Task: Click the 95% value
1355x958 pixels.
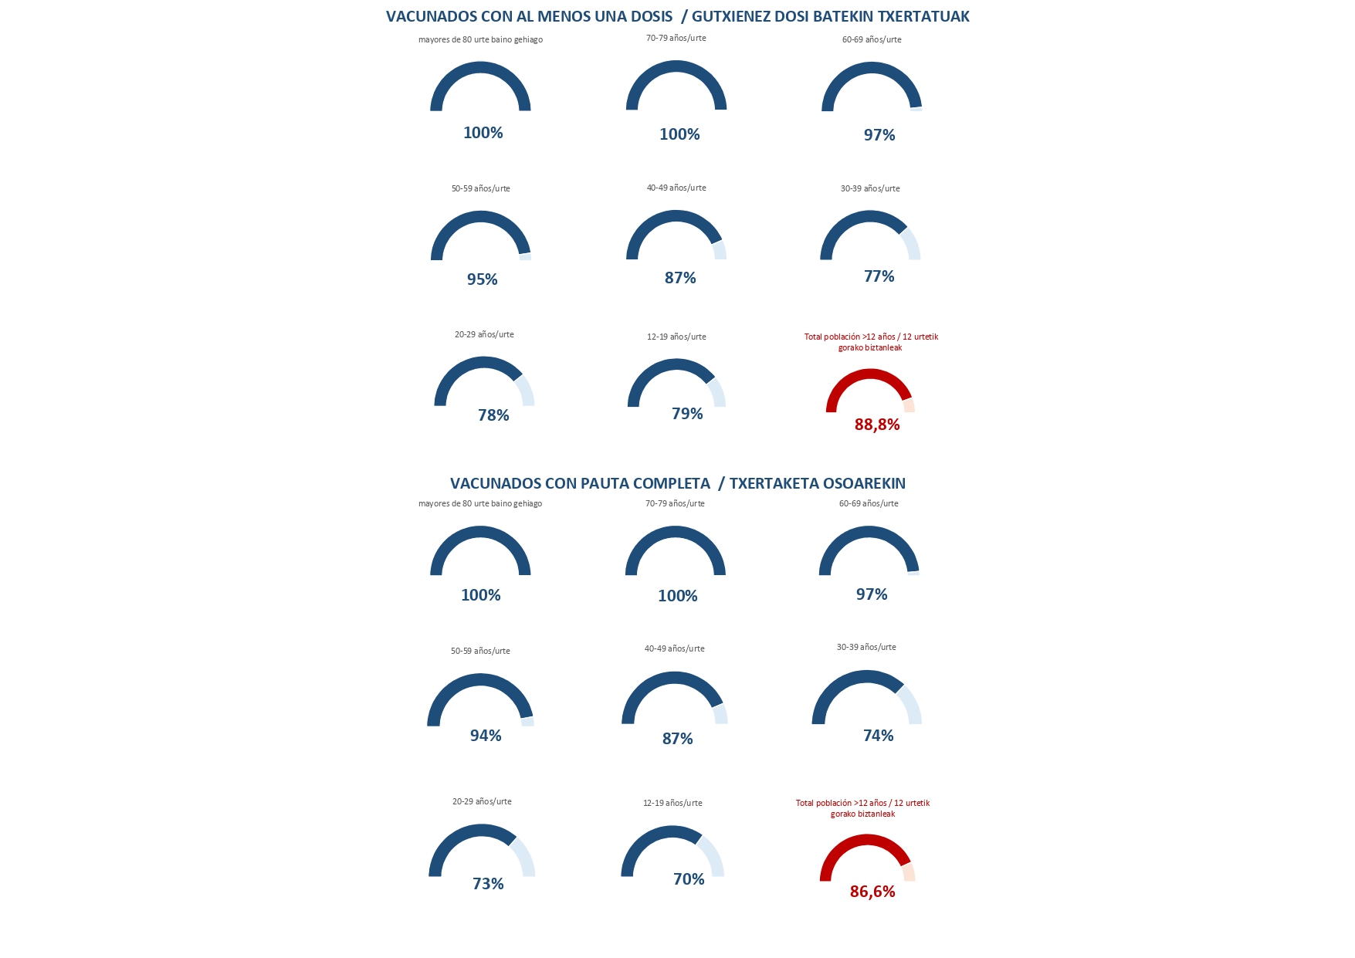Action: [482, 279]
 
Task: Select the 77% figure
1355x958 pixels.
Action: [879, 276]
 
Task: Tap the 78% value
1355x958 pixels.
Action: [493, 415]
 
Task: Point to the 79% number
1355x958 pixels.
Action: [687, 414]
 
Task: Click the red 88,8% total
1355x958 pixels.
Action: [877, 425]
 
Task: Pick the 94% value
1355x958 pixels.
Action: [486, 736]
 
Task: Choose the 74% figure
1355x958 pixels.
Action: [878, 736]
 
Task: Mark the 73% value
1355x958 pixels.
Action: [488, 884]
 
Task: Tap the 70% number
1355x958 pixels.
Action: [689, 879]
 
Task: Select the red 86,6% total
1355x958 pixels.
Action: [872, 892]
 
